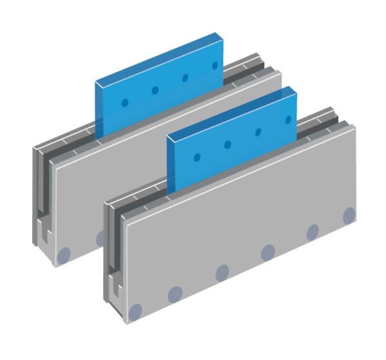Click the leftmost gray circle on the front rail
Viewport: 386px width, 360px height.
135,314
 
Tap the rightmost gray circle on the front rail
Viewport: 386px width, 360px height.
349,214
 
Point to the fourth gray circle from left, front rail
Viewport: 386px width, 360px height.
268,251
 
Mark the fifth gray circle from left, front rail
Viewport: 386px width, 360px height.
313,231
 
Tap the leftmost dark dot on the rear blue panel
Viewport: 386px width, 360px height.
125,102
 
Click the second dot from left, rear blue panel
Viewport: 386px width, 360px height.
155,90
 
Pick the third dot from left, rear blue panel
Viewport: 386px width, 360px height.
185,77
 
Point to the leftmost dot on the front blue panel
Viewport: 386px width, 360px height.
197,156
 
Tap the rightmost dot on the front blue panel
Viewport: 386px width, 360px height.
288,119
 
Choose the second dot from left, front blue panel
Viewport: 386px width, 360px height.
228,144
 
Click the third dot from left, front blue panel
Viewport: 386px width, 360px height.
258,131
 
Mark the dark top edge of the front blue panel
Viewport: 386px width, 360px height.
232,110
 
